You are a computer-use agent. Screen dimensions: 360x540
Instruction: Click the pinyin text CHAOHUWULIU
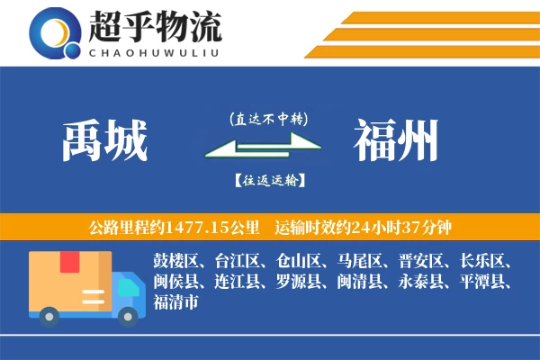(x=155, y=50)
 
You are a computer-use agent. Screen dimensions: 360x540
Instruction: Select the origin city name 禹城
(x=105, y=142)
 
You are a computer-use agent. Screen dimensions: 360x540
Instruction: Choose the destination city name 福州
(x=396, y=142)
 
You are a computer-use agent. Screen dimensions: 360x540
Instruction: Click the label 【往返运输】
(x=268, y=180)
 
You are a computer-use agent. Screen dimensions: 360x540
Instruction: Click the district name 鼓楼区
(x=175, y=262)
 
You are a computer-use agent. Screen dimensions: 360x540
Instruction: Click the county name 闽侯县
(x=175, y=282)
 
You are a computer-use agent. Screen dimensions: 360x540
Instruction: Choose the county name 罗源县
(x=298, y=282)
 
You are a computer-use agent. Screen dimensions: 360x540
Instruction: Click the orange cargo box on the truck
(x=70, y=280)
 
